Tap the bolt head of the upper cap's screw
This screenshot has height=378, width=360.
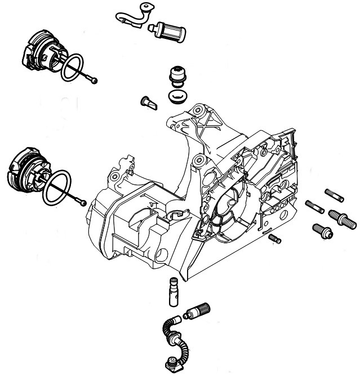pos(94,79)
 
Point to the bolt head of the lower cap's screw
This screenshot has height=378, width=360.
pos(83,202)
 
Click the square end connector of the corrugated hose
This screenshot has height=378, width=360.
pos(168,363)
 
